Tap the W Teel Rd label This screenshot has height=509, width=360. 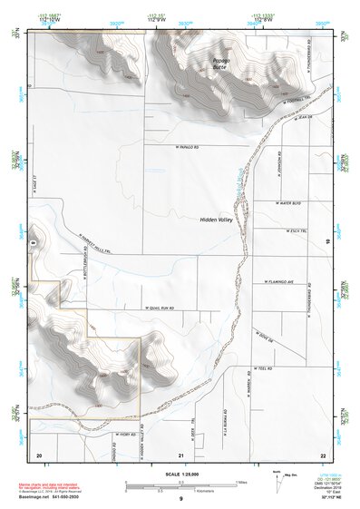[x=263, y=369]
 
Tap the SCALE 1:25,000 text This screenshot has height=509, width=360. [x=180, y=474]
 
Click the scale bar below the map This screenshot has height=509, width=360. [x=180, y=483]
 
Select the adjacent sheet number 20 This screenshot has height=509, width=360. [x=39, y=454]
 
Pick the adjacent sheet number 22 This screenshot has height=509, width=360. [x=322, y=454]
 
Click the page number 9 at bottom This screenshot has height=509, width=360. [x=180, y=499]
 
